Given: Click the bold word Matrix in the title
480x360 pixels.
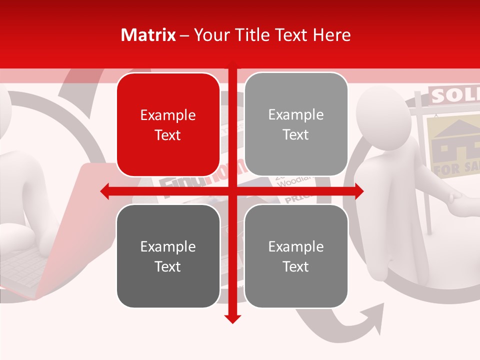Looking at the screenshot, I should pos(148,35).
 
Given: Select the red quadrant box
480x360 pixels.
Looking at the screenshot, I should pos(168,125).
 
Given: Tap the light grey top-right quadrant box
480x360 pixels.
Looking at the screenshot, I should pos(296,124).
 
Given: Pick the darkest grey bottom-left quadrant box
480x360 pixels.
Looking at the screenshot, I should pos(168,256).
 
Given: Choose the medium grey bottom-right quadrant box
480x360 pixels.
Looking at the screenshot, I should pos(296,256).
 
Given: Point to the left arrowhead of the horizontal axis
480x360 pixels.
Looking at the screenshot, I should pos(105,191).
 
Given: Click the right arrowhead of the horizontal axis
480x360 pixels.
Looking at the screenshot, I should pos(359,191).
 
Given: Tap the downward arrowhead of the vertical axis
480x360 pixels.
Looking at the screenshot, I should pos(232,318).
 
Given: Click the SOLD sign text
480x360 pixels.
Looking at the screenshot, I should pos(452,95).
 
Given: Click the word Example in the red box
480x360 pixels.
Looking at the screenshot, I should pos(168,115).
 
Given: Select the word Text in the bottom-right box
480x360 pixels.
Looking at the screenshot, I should pos(296,266).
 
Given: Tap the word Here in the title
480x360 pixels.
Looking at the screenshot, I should pos(332,35).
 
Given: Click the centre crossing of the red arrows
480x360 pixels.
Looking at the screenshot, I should pos(232,191).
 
